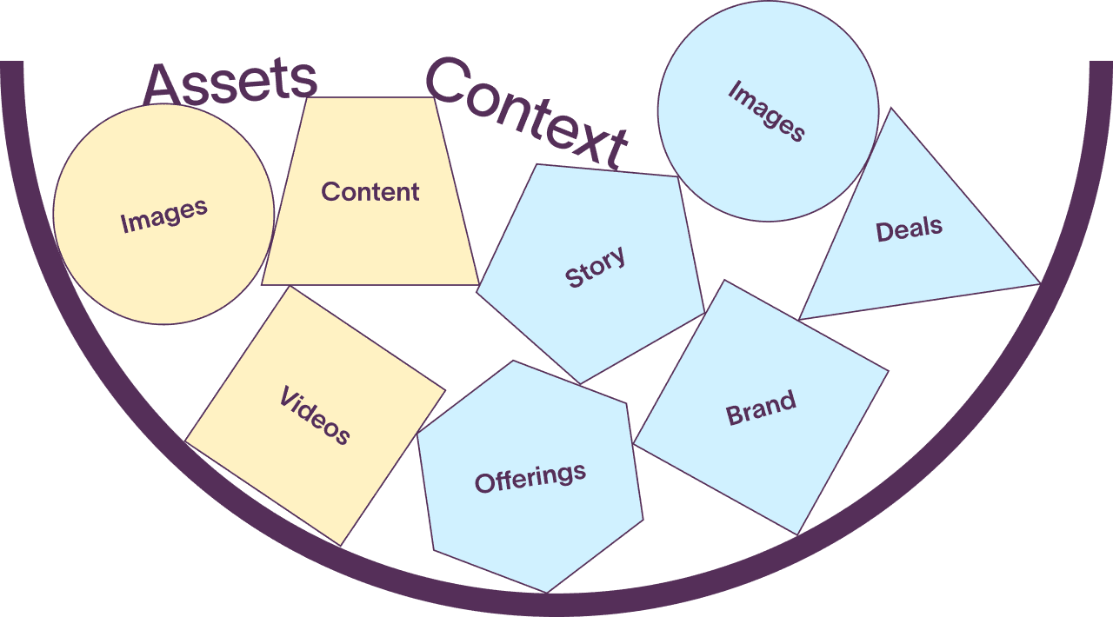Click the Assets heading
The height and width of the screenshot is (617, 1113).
[x=230, y=83]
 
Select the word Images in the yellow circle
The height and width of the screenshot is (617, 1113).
[x=163, y=216]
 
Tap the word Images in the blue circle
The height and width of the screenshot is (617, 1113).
[x=766, y=110]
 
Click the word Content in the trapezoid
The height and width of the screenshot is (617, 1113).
[x=370, y=191]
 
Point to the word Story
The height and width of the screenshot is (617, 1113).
[x=595, y=267]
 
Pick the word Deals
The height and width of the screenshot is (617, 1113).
[x=909, y=229]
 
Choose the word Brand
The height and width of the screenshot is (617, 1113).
[x=761, y=408]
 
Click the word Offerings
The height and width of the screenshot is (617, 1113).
[x=530, y=477]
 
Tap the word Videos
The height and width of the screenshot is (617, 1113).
[x=315, y=415]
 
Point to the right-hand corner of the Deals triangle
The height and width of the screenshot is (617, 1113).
[x=1036, y=282]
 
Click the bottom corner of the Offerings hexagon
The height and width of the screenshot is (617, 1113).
[x=547, y=590]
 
